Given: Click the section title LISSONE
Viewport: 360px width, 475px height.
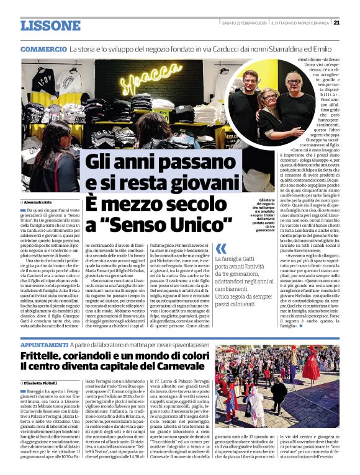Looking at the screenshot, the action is (50, 25).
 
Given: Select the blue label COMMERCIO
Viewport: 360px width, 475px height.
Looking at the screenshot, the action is (43, 49).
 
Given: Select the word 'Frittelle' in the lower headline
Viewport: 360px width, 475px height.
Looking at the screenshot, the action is (47, 357).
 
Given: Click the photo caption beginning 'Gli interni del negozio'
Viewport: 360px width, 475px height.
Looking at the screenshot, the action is (259, 214).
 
